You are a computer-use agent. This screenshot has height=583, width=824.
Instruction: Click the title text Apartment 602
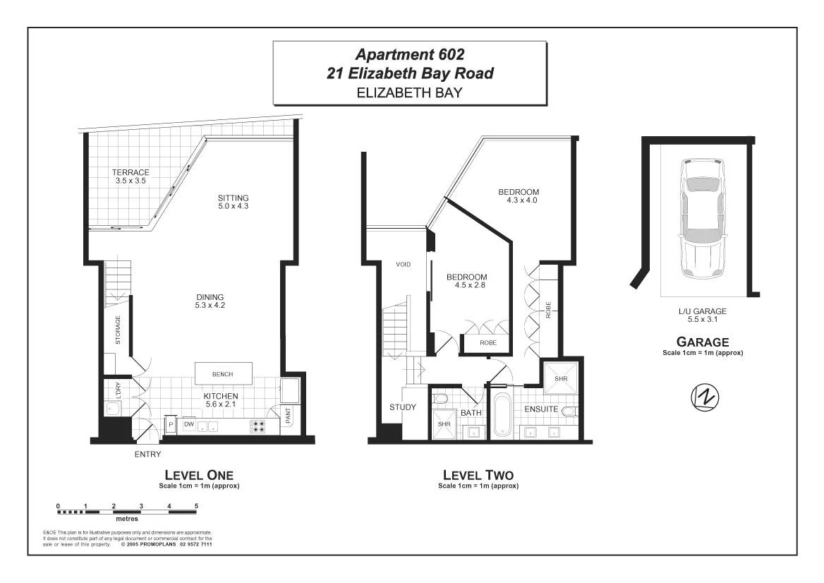click(x=409, y=54)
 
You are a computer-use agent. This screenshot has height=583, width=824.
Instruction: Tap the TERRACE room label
click(x=131, y=172)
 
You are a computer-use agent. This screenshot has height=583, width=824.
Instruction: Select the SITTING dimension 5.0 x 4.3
click(x=233, y=206)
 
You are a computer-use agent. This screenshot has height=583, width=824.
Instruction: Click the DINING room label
click(x=210, y=296)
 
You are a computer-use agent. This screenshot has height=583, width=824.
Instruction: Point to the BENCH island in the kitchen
click(x=222, y=374)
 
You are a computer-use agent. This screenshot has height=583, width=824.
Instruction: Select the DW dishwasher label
click(x=189, y=424)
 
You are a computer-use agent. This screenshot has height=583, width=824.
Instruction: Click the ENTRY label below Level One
click(x=147, y=455)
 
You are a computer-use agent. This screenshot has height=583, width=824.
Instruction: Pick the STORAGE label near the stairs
click(x=118, y=330)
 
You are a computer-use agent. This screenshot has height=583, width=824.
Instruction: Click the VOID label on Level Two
click(x=403, y=264)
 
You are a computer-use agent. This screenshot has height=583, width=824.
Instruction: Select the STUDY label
click(x=403, y=407)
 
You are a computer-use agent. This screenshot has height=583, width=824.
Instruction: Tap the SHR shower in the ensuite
click(x=561, y=378)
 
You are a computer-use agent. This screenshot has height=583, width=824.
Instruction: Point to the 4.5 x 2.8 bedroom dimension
click(x=466, y=286)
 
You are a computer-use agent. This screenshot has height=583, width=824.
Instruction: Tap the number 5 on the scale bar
click(x=196, y=506)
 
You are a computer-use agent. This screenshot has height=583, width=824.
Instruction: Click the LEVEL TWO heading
click(x=478, y=475)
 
